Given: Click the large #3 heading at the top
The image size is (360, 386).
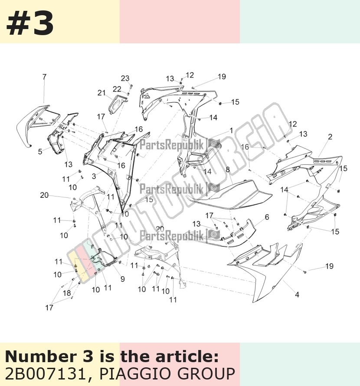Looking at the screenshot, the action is [30, 23].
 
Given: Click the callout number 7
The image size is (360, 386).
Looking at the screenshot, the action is [44, 77].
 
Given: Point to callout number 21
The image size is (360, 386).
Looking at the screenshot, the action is [101, 93].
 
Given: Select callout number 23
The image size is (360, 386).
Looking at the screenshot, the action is [125, 78].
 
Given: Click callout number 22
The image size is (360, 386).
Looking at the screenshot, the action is [117, 89].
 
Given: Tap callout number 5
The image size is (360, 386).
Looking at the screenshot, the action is [40, 151].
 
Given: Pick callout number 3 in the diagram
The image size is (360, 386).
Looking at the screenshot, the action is [94, 176].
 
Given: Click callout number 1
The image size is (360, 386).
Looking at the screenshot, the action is [231, 131].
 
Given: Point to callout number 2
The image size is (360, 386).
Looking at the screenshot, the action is [330, 137].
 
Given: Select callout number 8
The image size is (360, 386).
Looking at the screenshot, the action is [228, 170].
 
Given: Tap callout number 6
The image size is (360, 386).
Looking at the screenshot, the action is [267, 217].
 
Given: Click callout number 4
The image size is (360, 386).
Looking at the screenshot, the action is [297, 294].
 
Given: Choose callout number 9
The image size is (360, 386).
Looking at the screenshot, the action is [122, 279].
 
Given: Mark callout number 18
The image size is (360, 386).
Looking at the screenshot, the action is [67, 293].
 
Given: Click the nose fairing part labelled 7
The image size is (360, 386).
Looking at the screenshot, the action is [33, 123].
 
